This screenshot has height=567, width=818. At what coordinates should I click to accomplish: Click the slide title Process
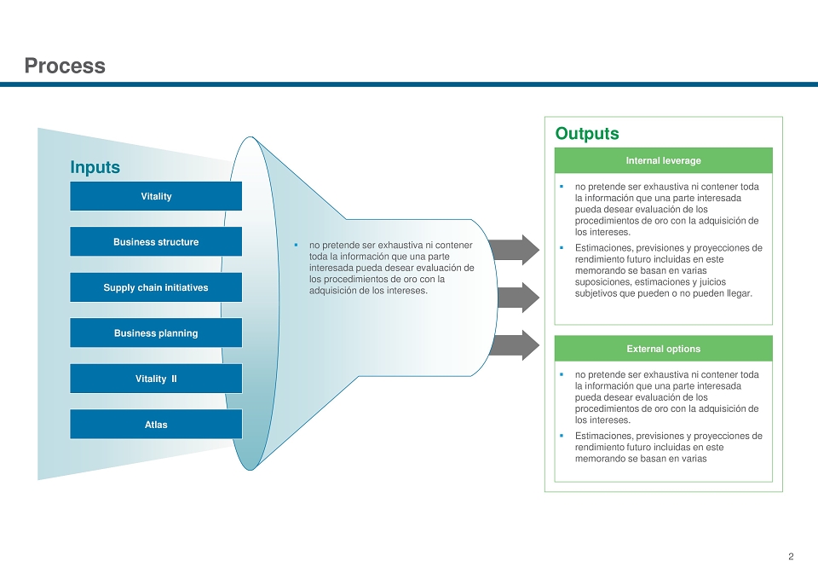[x=65, y=66]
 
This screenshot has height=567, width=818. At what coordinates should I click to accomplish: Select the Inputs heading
[x=95, y=167]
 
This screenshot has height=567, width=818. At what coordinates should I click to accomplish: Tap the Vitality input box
[x=156, y=196]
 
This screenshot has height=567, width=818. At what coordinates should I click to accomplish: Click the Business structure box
[x=156, y=242]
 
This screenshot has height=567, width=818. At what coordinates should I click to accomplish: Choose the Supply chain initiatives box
[x=156, y=287]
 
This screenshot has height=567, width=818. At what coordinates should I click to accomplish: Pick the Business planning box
[x=156, y=333]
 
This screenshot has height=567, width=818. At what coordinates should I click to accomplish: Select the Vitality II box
[x=156, y=379]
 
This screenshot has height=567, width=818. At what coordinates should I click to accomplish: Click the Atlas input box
[x=156, y=425]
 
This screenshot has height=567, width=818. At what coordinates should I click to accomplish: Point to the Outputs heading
[x=587, y=133]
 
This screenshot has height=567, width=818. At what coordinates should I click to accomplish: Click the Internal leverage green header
[x=663, y=161]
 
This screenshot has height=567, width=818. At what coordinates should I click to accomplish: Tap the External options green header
[x=663, y=349]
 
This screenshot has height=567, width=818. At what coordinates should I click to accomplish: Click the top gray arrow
[x=514, y=250]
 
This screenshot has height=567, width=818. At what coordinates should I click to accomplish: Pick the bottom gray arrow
[x=514, y=345]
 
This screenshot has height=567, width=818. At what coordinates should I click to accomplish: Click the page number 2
[x=791, y=557]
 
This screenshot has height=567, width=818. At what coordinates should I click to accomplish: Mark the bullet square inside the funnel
[x=296, y=245]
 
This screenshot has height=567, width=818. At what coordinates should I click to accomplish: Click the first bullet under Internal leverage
[x=562, y=187]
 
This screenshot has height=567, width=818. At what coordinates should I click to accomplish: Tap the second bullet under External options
[x=562, y=436]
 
